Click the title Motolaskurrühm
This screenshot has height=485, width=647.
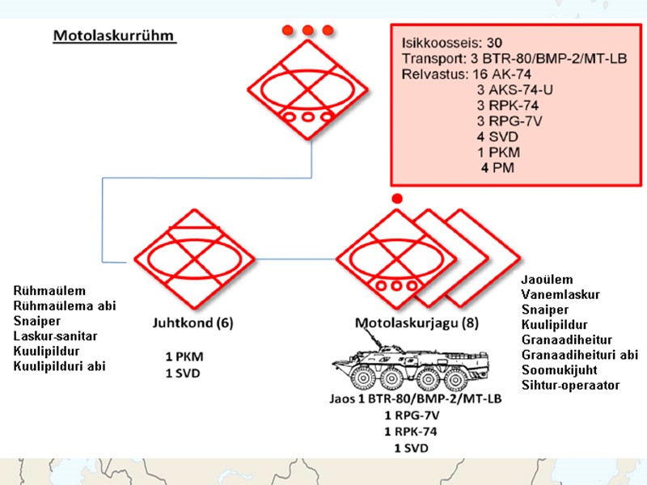pos(113,37)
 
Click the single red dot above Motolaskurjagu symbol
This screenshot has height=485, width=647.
pos(396,198)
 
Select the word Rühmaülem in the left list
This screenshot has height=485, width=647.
pos(49,290)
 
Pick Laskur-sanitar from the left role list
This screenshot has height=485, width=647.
pos(58,336)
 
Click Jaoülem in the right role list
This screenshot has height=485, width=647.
pos(548,279)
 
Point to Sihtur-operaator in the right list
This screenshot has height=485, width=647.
pos(570,385)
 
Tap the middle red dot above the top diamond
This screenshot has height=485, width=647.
pos(308,31)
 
